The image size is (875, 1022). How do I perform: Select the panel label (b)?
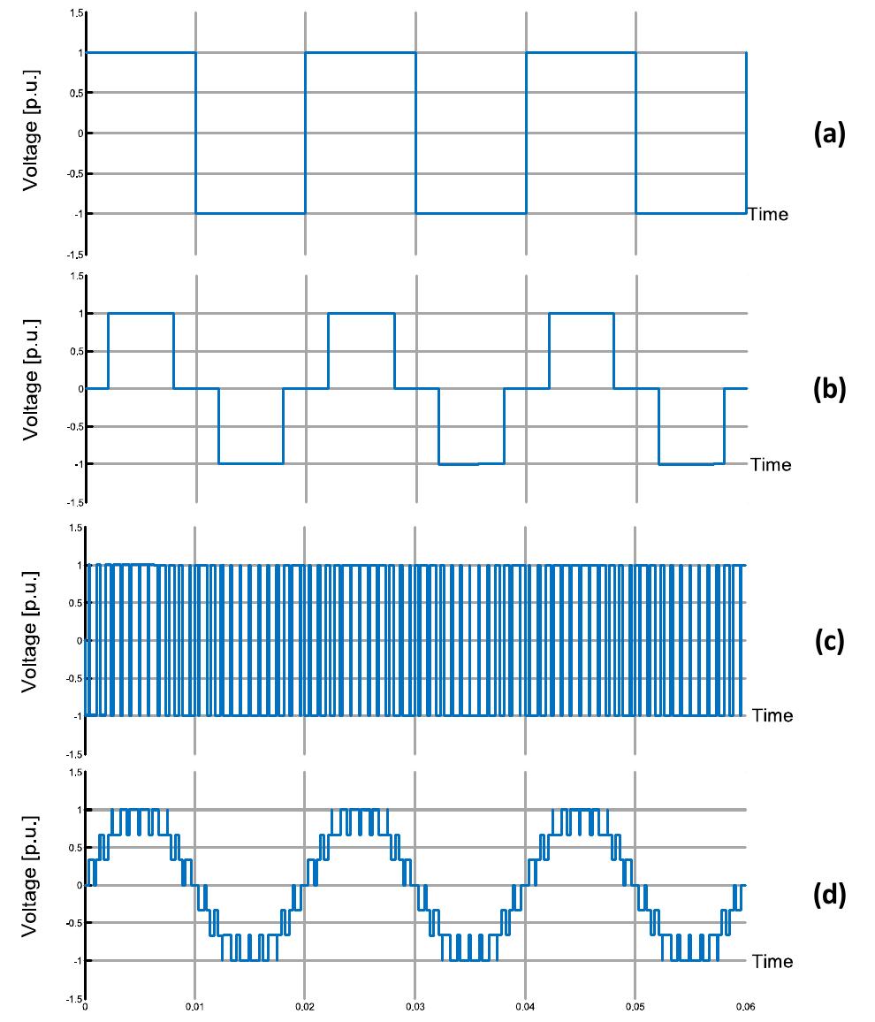(x=829, y=388)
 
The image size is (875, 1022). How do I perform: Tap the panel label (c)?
(x=829, y=641)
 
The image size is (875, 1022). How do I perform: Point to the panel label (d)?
(x=829, y=895)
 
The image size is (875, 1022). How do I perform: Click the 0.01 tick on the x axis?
(x=194, y=1007)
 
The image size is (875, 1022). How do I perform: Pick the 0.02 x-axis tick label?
(x=305, y=1007)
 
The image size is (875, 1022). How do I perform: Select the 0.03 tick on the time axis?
(x=415, y=1007)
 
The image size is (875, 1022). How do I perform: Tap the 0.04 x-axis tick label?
(x=525, y=1007)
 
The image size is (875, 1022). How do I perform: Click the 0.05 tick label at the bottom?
(x=635, y=1007)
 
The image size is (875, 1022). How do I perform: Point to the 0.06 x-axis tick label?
(x=745, y=1007)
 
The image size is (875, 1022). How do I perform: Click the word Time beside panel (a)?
(x=768, y=215)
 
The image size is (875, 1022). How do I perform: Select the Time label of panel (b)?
(x=771, y=465)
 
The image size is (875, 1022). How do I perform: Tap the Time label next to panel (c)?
(x=772, y=715)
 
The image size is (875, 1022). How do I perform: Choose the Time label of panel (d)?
(x=772, y=961)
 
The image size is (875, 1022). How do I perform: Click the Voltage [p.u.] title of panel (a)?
(x=31, y=130)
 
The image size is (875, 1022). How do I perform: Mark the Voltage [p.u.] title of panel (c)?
(x=30, y=632)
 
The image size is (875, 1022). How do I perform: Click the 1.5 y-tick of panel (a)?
(x=77, y=13)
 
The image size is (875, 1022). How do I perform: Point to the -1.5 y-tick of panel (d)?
(x=76, y=999)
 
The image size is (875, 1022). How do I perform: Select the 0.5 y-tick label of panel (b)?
(x=77, y=351)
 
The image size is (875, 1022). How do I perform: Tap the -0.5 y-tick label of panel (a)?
(x=76, y=173)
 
